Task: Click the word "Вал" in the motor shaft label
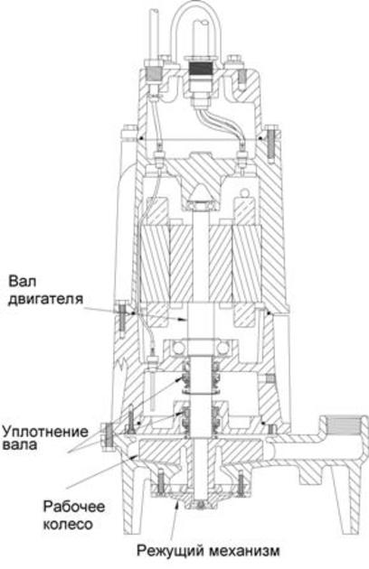(x=22, y=280)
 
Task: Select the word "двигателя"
(x=41, y=298)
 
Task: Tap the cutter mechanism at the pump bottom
(x=196, y=497)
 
